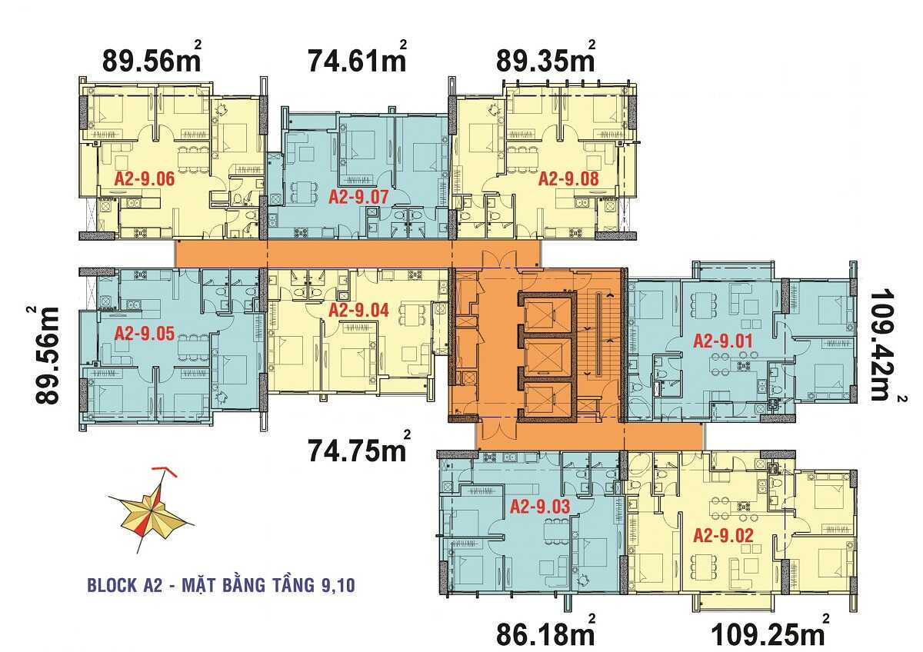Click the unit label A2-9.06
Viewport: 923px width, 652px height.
pyautogui.click(x=145, y=180)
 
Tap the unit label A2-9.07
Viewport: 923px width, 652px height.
pyautogui.click(x=359, y=197)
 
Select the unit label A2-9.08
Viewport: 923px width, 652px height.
pyautogui.click(x=568, y=179)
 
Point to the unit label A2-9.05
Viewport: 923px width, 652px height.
pyautogui.click(x=145, y=333)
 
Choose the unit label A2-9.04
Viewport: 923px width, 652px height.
pyautogui.click(x=359, y=311)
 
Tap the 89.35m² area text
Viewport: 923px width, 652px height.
pyautogui.click(x=545, y=59)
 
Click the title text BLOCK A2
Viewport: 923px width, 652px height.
pyautogui.click(x=125, y=587)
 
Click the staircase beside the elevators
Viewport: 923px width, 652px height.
pyautogui.click(x=598, y=338)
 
